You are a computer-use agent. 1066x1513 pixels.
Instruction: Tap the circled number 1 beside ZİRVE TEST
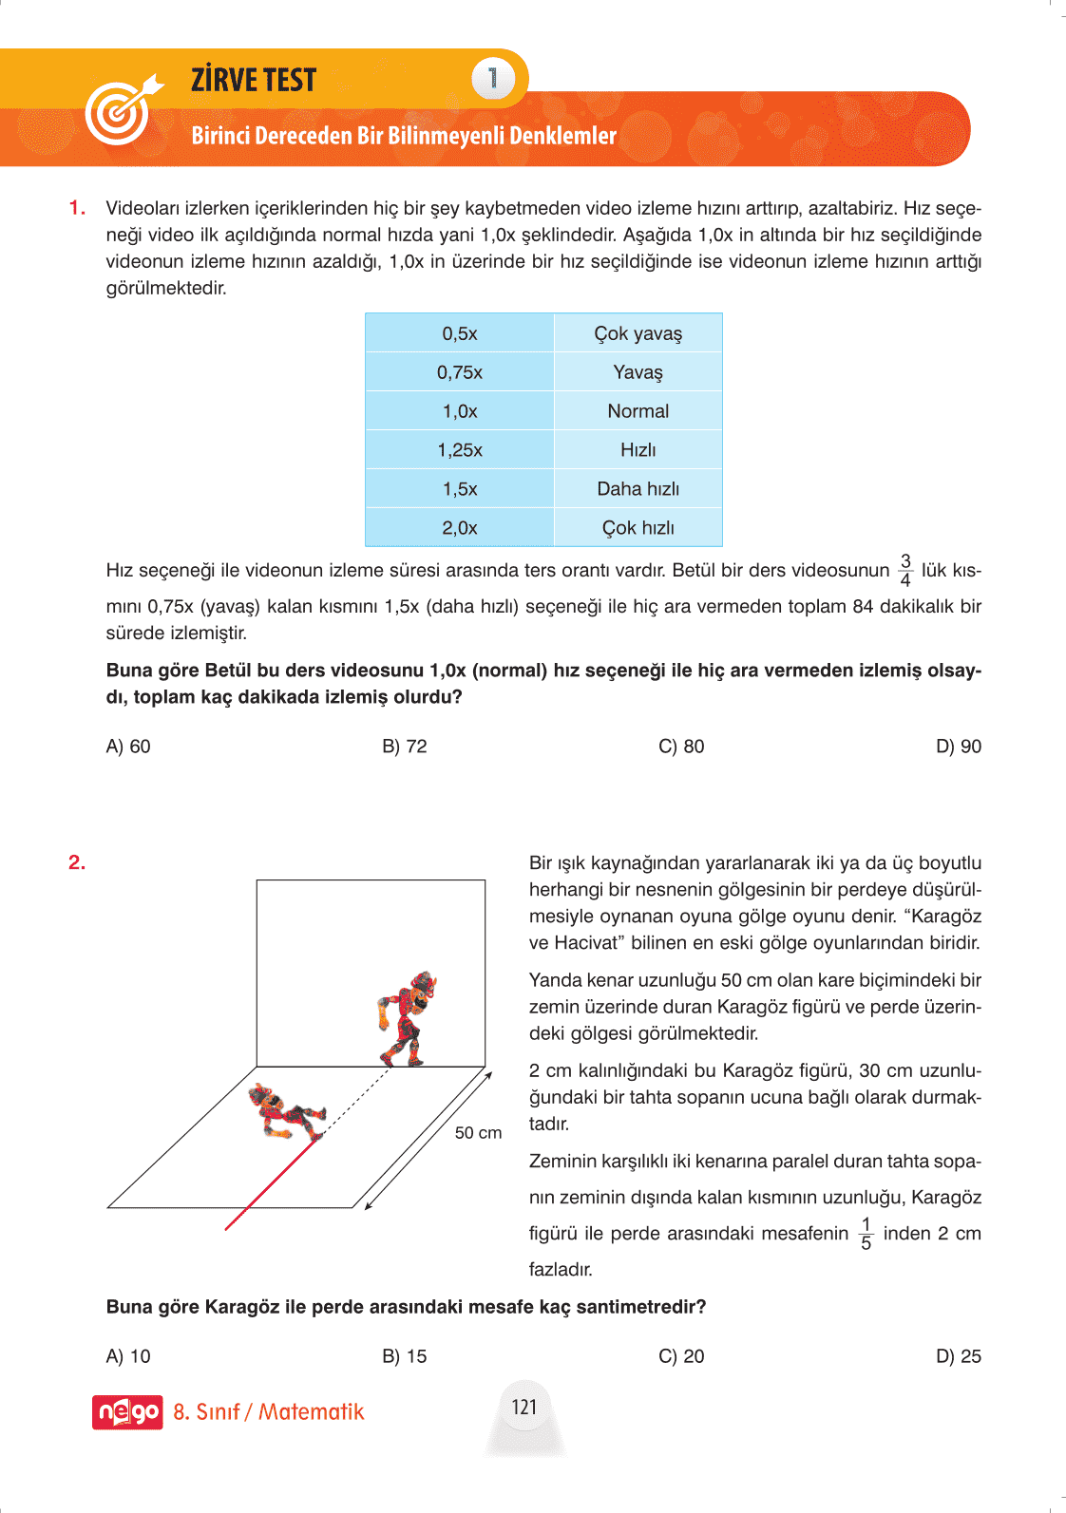(x=492, y=79)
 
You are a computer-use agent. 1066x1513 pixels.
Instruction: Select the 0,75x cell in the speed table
(x=460, y=372)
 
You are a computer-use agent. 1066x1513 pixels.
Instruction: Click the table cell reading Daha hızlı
(x=638, y=489)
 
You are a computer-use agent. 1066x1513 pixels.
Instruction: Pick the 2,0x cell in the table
(x=460, y=528)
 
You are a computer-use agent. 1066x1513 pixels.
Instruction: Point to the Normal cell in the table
(x=638, y=411)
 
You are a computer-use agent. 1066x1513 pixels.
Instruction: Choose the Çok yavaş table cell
(x=638, y=333)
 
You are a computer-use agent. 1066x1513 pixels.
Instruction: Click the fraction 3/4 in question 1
(x=905, y=571)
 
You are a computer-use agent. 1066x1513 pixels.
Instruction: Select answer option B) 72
(x=405, y=747)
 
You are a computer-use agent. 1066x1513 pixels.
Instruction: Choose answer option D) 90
(x=958, y=747)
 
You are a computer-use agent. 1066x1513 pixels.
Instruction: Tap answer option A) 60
(x=128, y=747)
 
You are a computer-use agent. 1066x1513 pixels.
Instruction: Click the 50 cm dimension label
(x=478, y=1133)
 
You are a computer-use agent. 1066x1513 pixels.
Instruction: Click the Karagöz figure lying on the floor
(x=285, y=1113)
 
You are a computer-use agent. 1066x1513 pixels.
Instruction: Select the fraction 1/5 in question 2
(x=866, y=1234)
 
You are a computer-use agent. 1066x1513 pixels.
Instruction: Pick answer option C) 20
(x=681, y=1356)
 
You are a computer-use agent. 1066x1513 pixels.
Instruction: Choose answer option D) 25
(x=958, y=1356)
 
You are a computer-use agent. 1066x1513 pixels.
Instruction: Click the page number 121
(x=524, y=1408)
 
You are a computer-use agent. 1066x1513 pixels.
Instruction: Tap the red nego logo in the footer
(x=127, y=1412)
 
